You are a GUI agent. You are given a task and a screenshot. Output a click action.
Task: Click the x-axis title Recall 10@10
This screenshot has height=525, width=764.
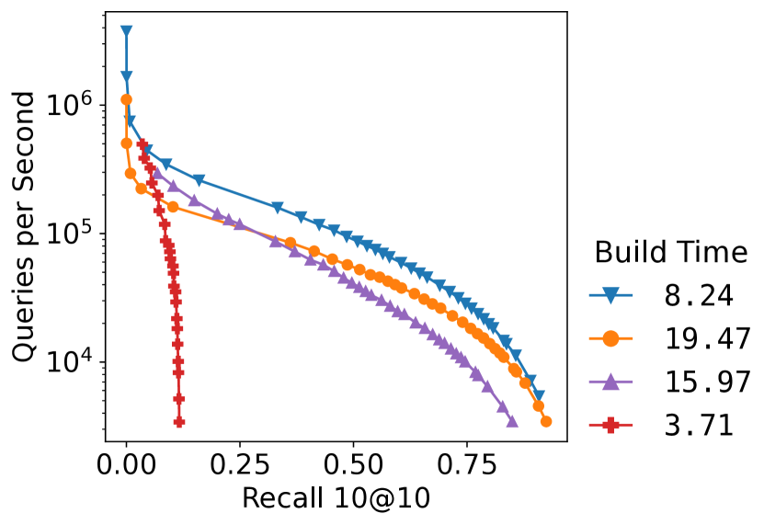coord(336,498)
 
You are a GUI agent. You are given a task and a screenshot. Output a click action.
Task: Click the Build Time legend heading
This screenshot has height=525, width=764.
coord(669,252)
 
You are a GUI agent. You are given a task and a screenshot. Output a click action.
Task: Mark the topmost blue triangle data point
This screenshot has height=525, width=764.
coord(126,31)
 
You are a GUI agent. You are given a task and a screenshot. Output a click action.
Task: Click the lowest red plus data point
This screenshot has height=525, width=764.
coord(179,422)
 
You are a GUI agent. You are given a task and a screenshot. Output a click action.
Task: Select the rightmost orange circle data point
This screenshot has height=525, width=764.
coord(546,421)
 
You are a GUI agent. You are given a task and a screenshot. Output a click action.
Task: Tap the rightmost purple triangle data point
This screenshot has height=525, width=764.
coord(512,422)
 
